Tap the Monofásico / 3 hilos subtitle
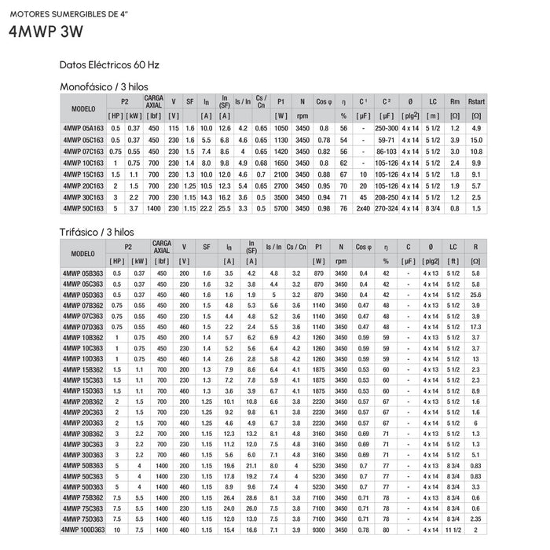[x=104, y=86]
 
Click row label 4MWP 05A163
[x=82, y=127]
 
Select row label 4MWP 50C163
[x=82, y=209]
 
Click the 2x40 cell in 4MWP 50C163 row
[x=364, y=209]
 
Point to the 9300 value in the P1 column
[x=319, y=530]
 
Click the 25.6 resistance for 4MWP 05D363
[x=476, y=294]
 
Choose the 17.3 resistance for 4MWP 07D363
[x=476, y=326]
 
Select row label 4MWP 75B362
[x=82, y=497]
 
